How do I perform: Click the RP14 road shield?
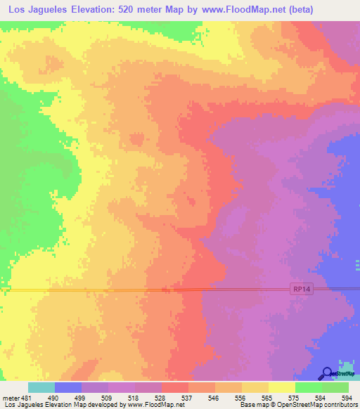pos(300,288)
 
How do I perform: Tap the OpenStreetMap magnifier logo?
pos(327,373)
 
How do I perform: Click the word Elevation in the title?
pos(96,10)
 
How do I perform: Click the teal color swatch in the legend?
pos(41,387)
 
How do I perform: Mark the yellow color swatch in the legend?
pos(282,387)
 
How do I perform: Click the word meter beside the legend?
pos(12,397)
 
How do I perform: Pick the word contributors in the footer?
pos(337,405)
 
